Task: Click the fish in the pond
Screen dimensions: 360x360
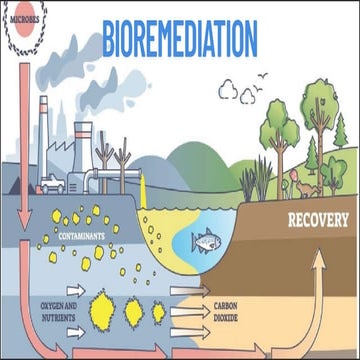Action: coord(205,240)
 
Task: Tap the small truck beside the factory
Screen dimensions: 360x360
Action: coord(50,184)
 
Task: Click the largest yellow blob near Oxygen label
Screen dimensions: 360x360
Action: coord(101,305)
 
